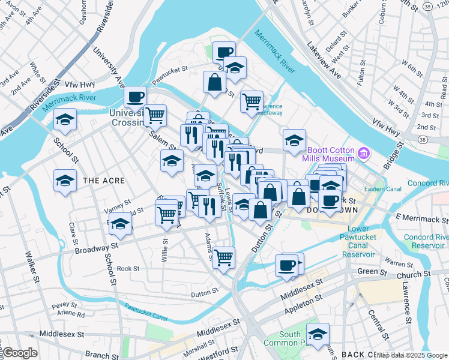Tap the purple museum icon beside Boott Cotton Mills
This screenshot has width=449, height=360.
363,154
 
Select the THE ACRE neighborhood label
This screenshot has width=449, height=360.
104,180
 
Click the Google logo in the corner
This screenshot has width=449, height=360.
20,353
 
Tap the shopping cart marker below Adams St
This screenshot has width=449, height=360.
224,257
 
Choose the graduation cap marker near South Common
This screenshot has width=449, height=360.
318,335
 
